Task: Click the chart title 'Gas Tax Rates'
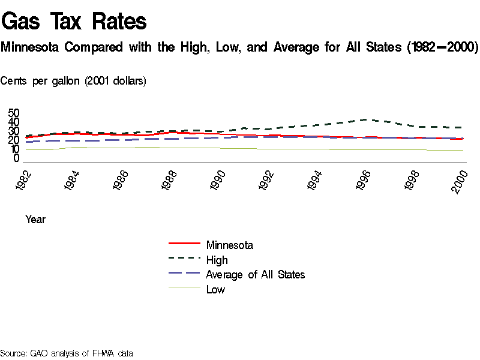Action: coord(74,22)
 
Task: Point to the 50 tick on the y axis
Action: coord(14,113)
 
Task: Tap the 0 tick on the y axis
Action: coord(17,158)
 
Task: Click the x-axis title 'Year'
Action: coord(35,220)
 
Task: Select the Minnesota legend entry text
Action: coord(229,245)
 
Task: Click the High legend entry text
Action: coord(217,260)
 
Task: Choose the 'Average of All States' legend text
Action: coord(255,275)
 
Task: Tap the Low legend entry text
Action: coord(215,290)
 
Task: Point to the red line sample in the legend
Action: coord(185,244)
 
